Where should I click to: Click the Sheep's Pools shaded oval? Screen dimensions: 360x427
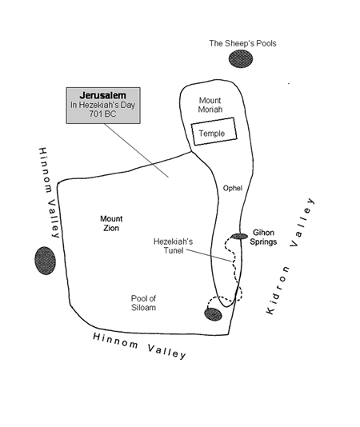point(241,59)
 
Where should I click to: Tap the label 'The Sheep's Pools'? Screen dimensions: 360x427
point(242,43)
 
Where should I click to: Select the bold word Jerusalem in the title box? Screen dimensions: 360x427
point(103,96)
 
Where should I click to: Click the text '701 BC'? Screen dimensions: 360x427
point(102,114)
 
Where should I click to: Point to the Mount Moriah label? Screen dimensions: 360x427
point(210,105)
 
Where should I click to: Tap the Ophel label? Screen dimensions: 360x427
point(233,188)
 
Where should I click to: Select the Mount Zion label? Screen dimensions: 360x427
point(111,223)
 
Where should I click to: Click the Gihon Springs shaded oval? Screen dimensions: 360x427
point(239,236)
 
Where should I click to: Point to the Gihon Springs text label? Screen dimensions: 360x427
point(263,237)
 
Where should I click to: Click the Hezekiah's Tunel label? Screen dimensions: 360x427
point(173,246)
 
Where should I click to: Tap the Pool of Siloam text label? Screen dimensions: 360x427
point(143,303)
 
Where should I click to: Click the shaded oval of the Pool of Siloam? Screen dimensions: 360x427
point(213,314)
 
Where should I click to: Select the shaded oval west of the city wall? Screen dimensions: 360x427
point(46,261)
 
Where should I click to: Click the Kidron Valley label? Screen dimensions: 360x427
point(290,256)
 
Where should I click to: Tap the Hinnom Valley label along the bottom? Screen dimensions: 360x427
point(139,345)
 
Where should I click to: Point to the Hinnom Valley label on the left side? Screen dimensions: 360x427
point(49,193)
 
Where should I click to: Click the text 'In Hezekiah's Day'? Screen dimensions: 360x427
point(102,105)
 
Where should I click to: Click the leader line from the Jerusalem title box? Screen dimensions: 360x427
point(136,150)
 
